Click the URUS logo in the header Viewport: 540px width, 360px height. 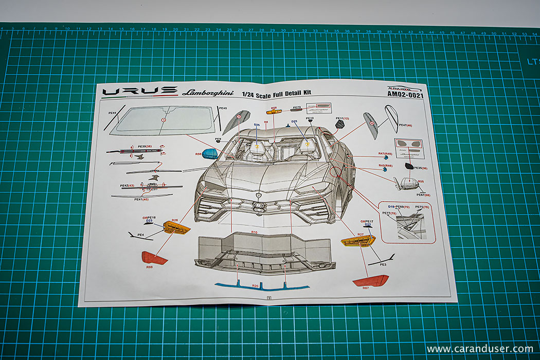[x=139, y=91]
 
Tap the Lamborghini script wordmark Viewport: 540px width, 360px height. [x=208, y=93]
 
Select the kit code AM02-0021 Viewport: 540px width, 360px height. [x=407, y=96]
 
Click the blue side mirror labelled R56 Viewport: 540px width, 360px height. [x=210, y=153]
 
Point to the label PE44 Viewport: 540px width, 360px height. [x=113, y=113]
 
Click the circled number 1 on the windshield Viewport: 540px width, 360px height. [x=164, y=119]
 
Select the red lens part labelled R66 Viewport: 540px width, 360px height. [x=154, y=258]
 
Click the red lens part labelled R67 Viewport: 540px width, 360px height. [x=371, y=281]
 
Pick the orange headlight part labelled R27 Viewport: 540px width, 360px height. [x=358, y=241]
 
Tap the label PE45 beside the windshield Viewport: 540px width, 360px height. [x=223, y=108]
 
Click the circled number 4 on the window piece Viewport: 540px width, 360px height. [x=371, y=122]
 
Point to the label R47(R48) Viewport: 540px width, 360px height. [x=385, y=153]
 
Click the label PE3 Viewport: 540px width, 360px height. [x=383, y=264]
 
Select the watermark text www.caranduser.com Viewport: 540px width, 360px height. [x=479, y=349]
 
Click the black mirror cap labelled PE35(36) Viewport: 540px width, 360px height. [x=409, y=166]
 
